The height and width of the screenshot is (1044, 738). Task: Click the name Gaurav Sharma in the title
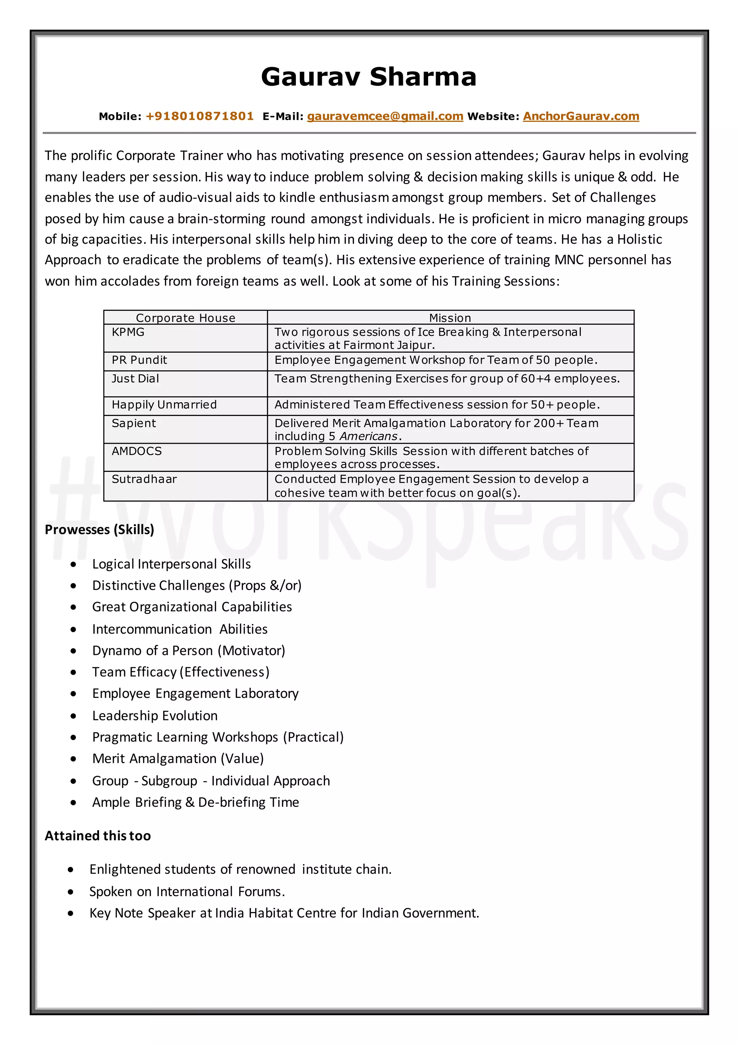pos(369,76)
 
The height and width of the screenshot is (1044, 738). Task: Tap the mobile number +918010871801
pos(200,116)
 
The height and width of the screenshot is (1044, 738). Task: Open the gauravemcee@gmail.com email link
pos(385,116)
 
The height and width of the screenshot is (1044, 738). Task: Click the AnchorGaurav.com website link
pos(581,116)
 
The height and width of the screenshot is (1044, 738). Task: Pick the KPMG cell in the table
pos(128,332)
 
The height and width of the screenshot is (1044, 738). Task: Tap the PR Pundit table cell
pos(139,360)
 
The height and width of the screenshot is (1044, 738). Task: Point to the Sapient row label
pos(134,423)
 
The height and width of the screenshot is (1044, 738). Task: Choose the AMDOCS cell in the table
pos(137,451)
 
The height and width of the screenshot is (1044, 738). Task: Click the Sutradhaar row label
pos(144,479)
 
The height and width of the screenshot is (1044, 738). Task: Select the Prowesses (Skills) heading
pos(99,530)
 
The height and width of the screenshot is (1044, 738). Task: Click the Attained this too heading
pos(98,836)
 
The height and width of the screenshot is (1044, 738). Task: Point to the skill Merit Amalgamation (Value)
pos(178,758)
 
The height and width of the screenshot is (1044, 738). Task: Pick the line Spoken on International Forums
pos(187,892)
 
